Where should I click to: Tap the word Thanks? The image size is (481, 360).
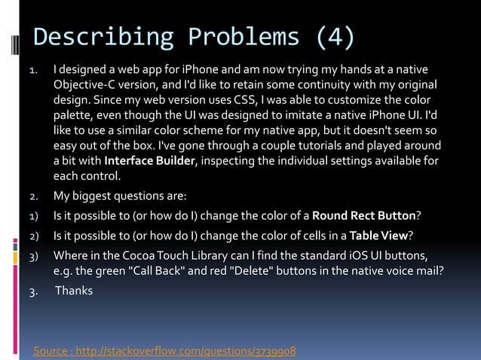pyautogui.click(x=74, y=288)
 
